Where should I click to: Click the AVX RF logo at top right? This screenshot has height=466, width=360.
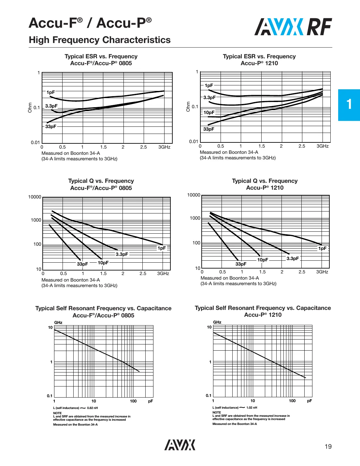point(293,27)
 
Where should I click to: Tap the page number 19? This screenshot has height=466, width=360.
point(328,446)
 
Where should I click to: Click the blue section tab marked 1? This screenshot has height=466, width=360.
point(349,105)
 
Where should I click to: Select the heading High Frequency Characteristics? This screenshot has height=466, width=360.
point(100,40)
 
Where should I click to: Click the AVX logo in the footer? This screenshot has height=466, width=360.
point(180,445)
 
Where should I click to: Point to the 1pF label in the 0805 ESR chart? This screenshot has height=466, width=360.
point(50,92)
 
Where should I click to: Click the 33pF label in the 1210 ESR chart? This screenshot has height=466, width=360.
point(209,129)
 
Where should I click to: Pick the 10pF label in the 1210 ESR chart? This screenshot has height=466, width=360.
point(209,112)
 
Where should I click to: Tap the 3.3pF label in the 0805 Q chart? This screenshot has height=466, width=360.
point(122,254)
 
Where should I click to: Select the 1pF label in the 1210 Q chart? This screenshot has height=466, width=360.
point(322,248)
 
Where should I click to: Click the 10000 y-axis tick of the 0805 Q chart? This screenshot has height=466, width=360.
point(35,197)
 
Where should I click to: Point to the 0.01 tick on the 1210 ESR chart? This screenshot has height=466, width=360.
point(194,141)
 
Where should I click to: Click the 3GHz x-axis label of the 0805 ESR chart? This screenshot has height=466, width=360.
point(164,147)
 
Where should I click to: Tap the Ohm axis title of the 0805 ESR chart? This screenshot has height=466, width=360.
point(30,108)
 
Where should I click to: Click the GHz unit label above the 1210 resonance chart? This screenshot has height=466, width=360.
point(217,322)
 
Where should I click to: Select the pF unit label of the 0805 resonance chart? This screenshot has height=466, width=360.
point(151,401)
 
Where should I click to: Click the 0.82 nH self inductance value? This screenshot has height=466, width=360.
point(92,408)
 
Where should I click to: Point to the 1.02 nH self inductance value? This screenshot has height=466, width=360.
point(252,407)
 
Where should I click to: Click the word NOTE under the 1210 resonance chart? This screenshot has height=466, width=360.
point(217,412)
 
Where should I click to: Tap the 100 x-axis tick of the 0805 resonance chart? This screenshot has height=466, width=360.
point(133,401)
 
